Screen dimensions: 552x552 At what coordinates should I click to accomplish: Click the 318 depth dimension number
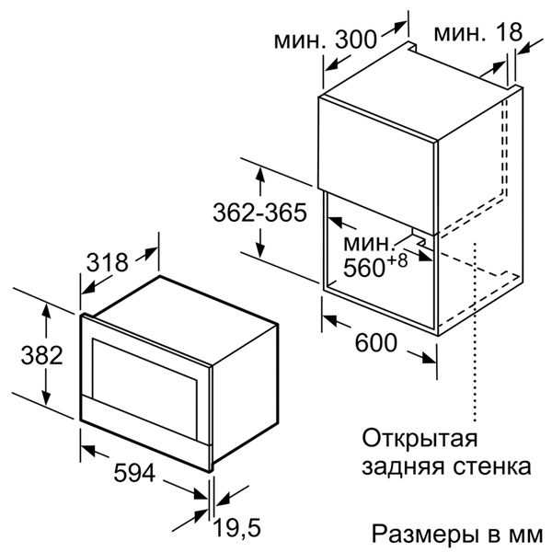[x=108, y=262]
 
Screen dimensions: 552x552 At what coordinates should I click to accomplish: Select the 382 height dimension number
[x=42, y=355]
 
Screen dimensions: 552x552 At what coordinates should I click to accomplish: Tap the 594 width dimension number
[x=134, y=473]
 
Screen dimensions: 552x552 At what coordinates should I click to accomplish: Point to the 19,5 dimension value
[x=237, y=528]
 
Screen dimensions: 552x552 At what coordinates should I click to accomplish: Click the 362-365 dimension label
[x=260, y=213]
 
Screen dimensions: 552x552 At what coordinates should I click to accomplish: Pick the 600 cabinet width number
[x=376, y=342]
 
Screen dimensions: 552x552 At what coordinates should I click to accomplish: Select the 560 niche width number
[x=363, y=268]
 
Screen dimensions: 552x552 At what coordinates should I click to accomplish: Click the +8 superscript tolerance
[x=397, y=261]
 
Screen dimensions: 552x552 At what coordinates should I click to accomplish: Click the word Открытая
[x=420, y=439]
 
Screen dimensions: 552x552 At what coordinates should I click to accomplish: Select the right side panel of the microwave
[x=246, y=395]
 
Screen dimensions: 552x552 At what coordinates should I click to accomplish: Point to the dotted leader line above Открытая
[x=476, y=331]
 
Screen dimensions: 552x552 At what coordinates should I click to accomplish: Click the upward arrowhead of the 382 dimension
[x=46, y=311]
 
